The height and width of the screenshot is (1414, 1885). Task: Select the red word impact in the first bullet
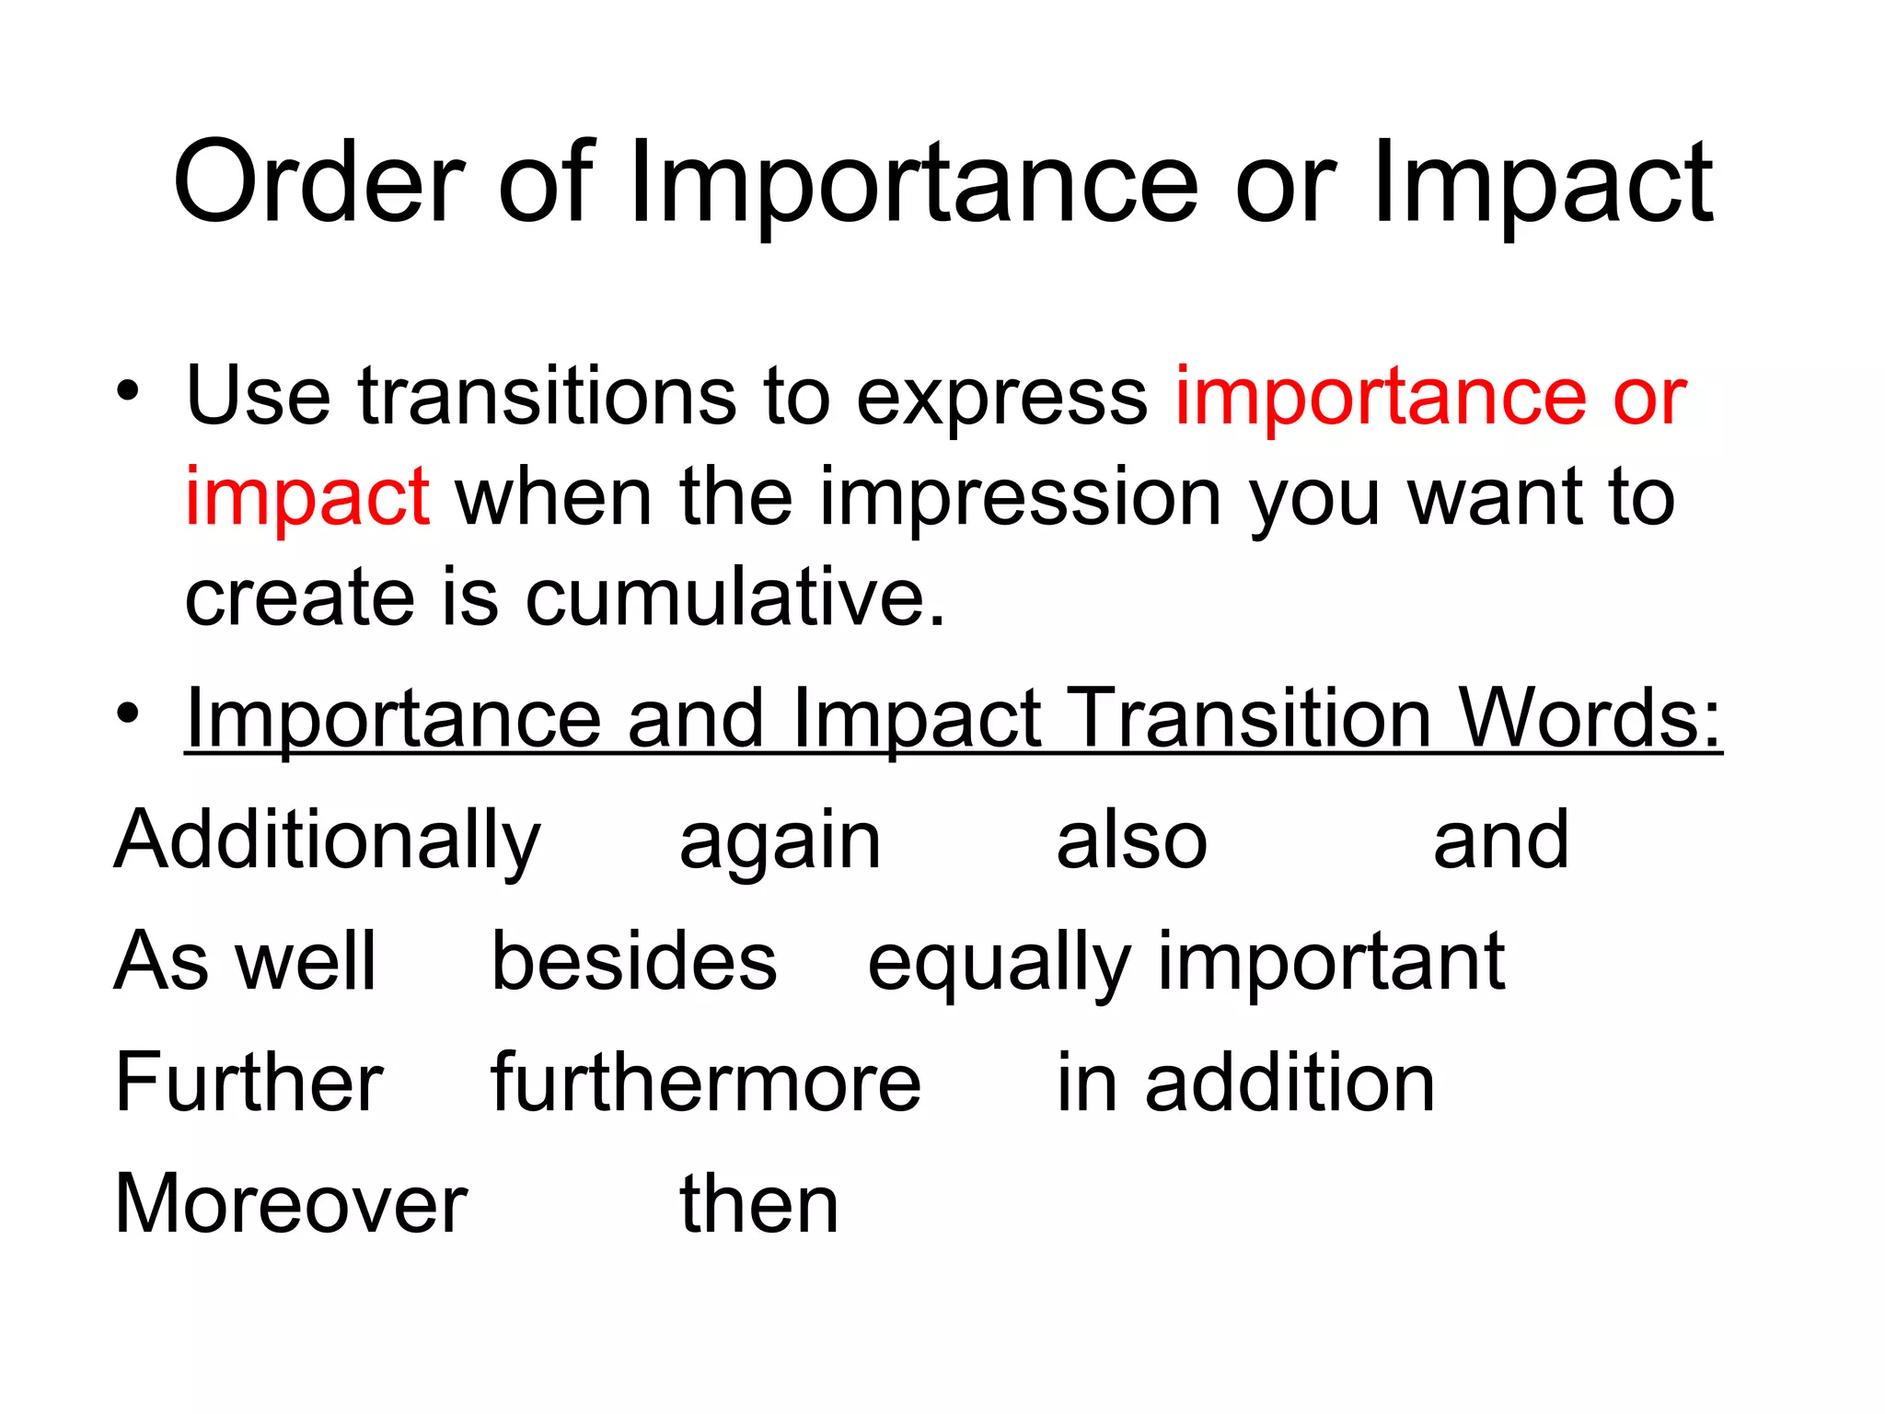306,499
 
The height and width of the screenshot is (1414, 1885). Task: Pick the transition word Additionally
327,841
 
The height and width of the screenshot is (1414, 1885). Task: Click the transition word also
1131,840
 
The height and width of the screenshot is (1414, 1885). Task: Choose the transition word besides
634,961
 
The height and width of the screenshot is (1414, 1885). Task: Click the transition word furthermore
705,1083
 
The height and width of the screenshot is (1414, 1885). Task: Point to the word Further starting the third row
249,1083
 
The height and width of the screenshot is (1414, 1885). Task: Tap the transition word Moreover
291,1204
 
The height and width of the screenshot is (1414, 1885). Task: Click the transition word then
758,1204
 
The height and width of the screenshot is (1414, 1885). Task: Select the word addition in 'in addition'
1289,1083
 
